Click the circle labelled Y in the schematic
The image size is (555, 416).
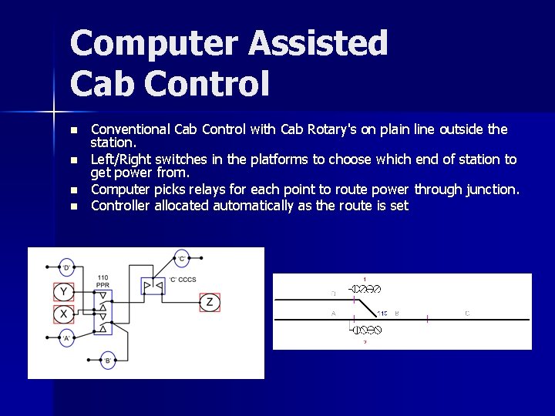point(64,291)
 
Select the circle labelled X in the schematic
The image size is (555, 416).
point(64,314)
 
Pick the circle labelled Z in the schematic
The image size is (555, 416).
point(209,301)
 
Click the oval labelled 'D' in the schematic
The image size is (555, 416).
point(67,267)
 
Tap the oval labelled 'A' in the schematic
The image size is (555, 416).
point(67,338)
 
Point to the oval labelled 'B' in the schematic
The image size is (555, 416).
point(108,360)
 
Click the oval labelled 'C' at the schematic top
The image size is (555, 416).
point(182,257)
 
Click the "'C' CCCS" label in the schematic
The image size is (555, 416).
point(183,278)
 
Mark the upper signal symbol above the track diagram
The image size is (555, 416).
point(366,289)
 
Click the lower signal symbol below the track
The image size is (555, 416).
point(366,329)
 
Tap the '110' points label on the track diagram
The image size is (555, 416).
point(382,314)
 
